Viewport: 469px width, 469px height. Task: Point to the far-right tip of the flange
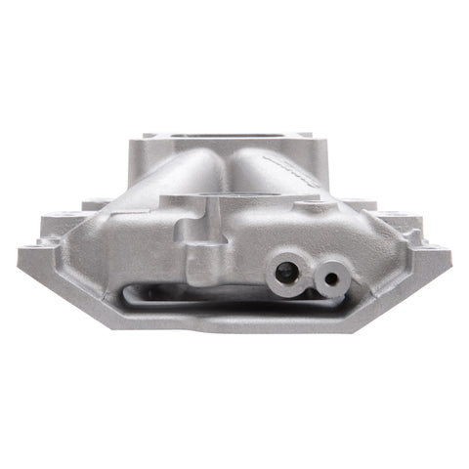click(x=452, y=256)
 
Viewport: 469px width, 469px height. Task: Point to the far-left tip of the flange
click(x=20, y=256)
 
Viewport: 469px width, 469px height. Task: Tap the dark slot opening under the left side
click(x=156, y=289)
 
